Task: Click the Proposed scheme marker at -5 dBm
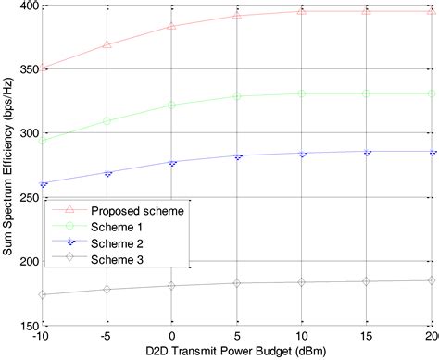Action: point(107,44)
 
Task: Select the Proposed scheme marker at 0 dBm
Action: point(172,26)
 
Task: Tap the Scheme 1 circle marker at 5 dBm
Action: point(237,96)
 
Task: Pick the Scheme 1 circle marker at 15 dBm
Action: point(367,93)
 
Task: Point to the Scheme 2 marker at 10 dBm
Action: point(302,154)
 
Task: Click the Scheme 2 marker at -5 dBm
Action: point(107,173)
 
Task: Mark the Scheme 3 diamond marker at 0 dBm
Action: point(172,286)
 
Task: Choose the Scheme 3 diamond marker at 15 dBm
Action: point(367,281)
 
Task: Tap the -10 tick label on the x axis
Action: point(43,336)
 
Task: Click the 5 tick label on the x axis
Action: point(237,336)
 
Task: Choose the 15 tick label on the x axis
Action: point(367,336)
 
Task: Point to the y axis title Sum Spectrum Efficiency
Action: point(8,167)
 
